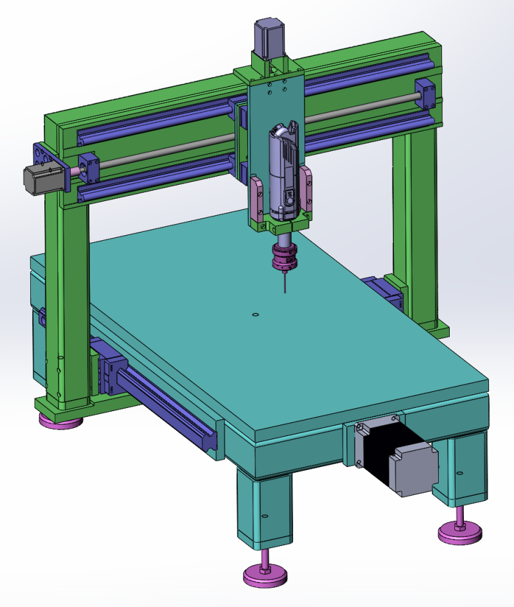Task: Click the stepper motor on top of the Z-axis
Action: (x=269, y=39)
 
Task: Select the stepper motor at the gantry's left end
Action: (x=42, y=179)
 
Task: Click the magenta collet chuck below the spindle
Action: (x=283, y=258)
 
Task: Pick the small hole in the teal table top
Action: (x=255, y=315)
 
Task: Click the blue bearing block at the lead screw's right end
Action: (x=426, y=94)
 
